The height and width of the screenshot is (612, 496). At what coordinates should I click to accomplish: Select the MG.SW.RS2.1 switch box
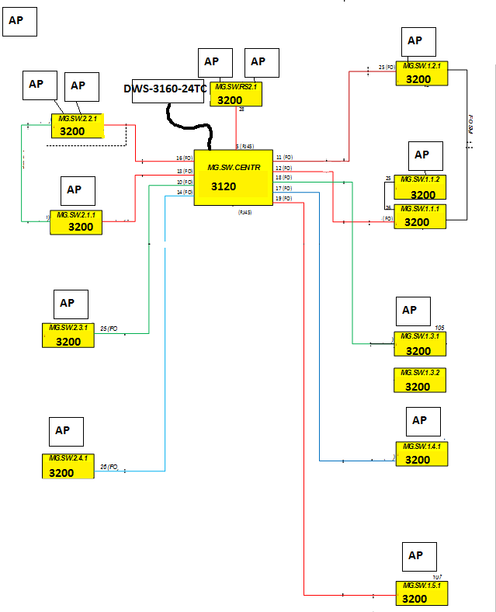[236, 94]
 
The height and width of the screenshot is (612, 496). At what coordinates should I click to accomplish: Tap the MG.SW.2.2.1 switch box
[78, 126]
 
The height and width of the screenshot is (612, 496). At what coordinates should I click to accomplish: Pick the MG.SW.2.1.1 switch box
[76, 221]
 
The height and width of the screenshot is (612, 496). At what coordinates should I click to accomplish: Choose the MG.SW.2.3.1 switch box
[68, 335]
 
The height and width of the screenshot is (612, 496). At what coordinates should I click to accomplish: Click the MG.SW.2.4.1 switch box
[68, 466]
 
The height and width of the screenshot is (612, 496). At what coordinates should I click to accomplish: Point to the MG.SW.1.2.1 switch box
[421, 73]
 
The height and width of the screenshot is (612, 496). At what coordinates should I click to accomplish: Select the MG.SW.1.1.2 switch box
[420, 187]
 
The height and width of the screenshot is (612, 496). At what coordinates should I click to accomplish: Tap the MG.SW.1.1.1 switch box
[420, 216]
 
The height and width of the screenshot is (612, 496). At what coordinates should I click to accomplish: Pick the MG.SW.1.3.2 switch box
[420, 381]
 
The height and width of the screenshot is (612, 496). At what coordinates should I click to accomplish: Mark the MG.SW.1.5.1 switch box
[421, 593]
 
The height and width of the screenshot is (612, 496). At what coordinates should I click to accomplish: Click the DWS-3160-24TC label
[165, 89]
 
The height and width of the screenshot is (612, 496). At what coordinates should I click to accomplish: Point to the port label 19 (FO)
[283, 199]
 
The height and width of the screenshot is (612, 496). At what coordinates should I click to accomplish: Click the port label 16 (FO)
[184, 158]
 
